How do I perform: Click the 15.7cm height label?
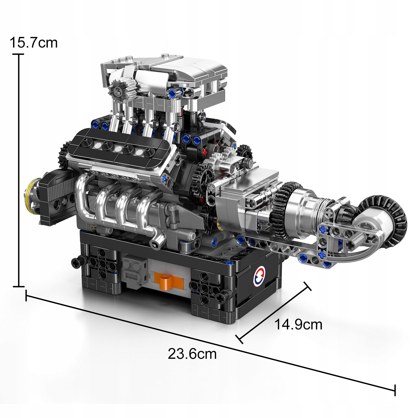33,43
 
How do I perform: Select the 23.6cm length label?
192,354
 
